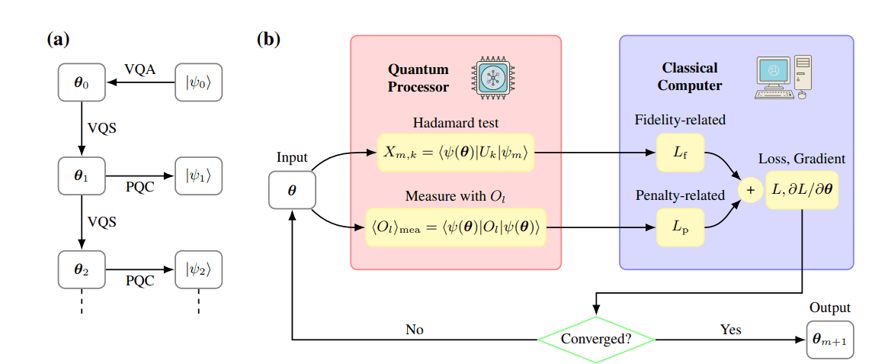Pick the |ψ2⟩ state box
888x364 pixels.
(198, 269)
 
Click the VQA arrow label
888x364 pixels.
(139, 70)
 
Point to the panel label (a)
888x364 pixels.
(59, 39)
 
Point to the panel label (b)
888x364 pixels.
(269, 39)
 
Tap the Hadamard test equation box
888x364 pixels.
(456, 153)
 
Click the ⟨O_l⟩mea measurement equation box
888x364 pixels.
(456, 226)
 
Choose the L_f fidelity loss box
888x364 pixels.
(680, 153)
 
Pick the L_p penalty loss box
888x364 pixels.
(680, 227)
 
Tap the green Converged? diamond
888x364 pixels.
(596, 338)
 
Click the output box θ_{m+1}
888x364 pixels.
(830, 338)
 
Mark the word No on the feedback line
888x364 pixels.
(415, 330)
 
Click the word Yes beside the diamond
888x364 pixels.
(731, 330)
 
